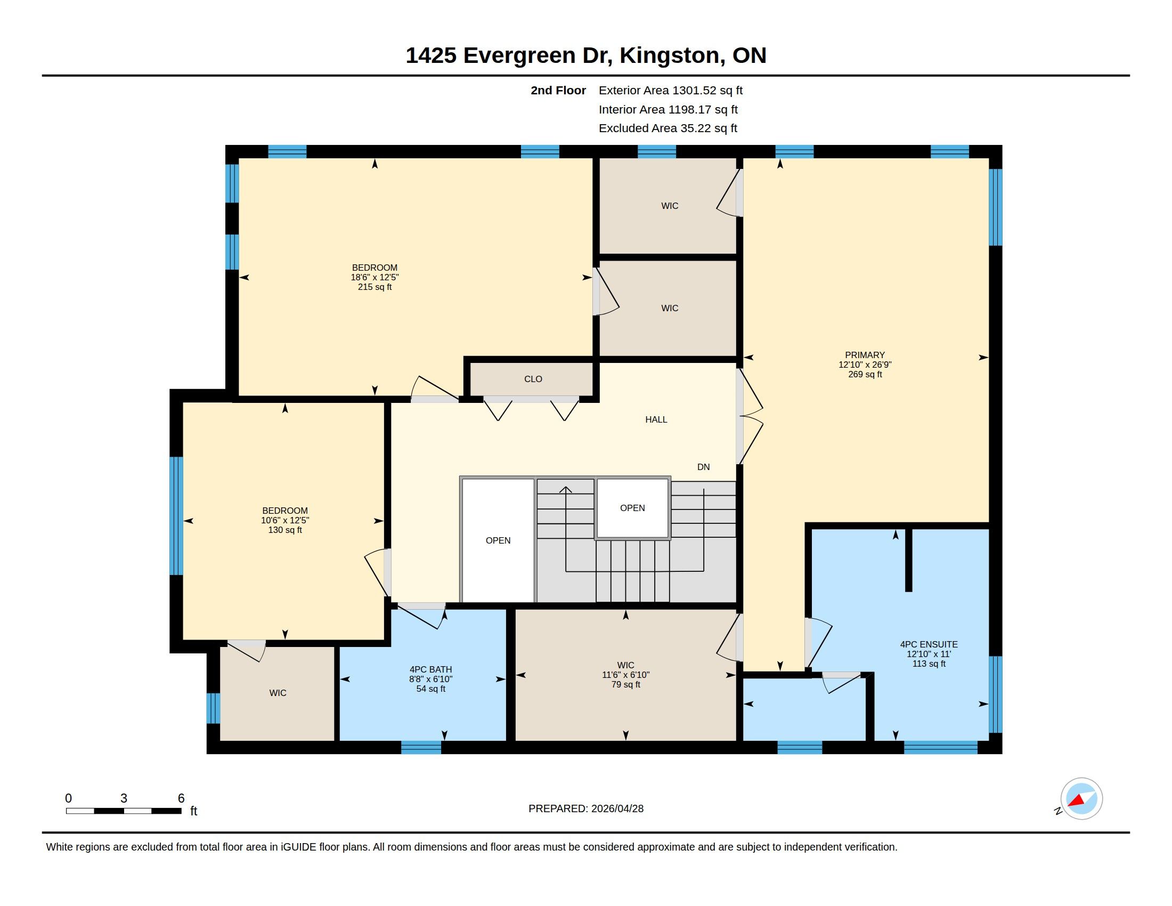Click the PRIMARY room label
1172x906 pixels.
point(865,355)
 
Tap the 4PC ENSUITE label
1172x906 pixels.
point(929,644)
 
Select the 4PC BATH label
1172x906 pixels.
point(430,669)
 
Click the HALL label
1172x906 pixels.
point(656,420)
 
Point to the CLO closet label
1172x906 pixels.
point(533,379)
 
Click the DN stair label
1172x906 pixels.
point(703,467)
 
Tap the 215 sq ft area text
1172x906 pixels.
point(375,287)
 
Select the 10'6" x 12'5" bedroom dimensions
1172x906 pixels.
point(285,520)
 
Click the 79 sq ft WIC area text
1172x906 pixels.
point(626,684)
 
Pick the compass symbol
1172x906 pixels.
point(1081,799)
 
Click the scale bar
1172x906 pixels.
point(124,811)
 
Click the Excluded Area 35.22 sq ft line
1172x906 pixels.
point(668,128)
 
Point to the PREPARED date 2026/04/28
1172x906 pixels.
point(617,809)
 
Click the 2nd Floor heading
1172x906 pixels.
point(558,90)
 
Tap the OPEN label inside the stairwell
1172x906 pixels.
point(632,508)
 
